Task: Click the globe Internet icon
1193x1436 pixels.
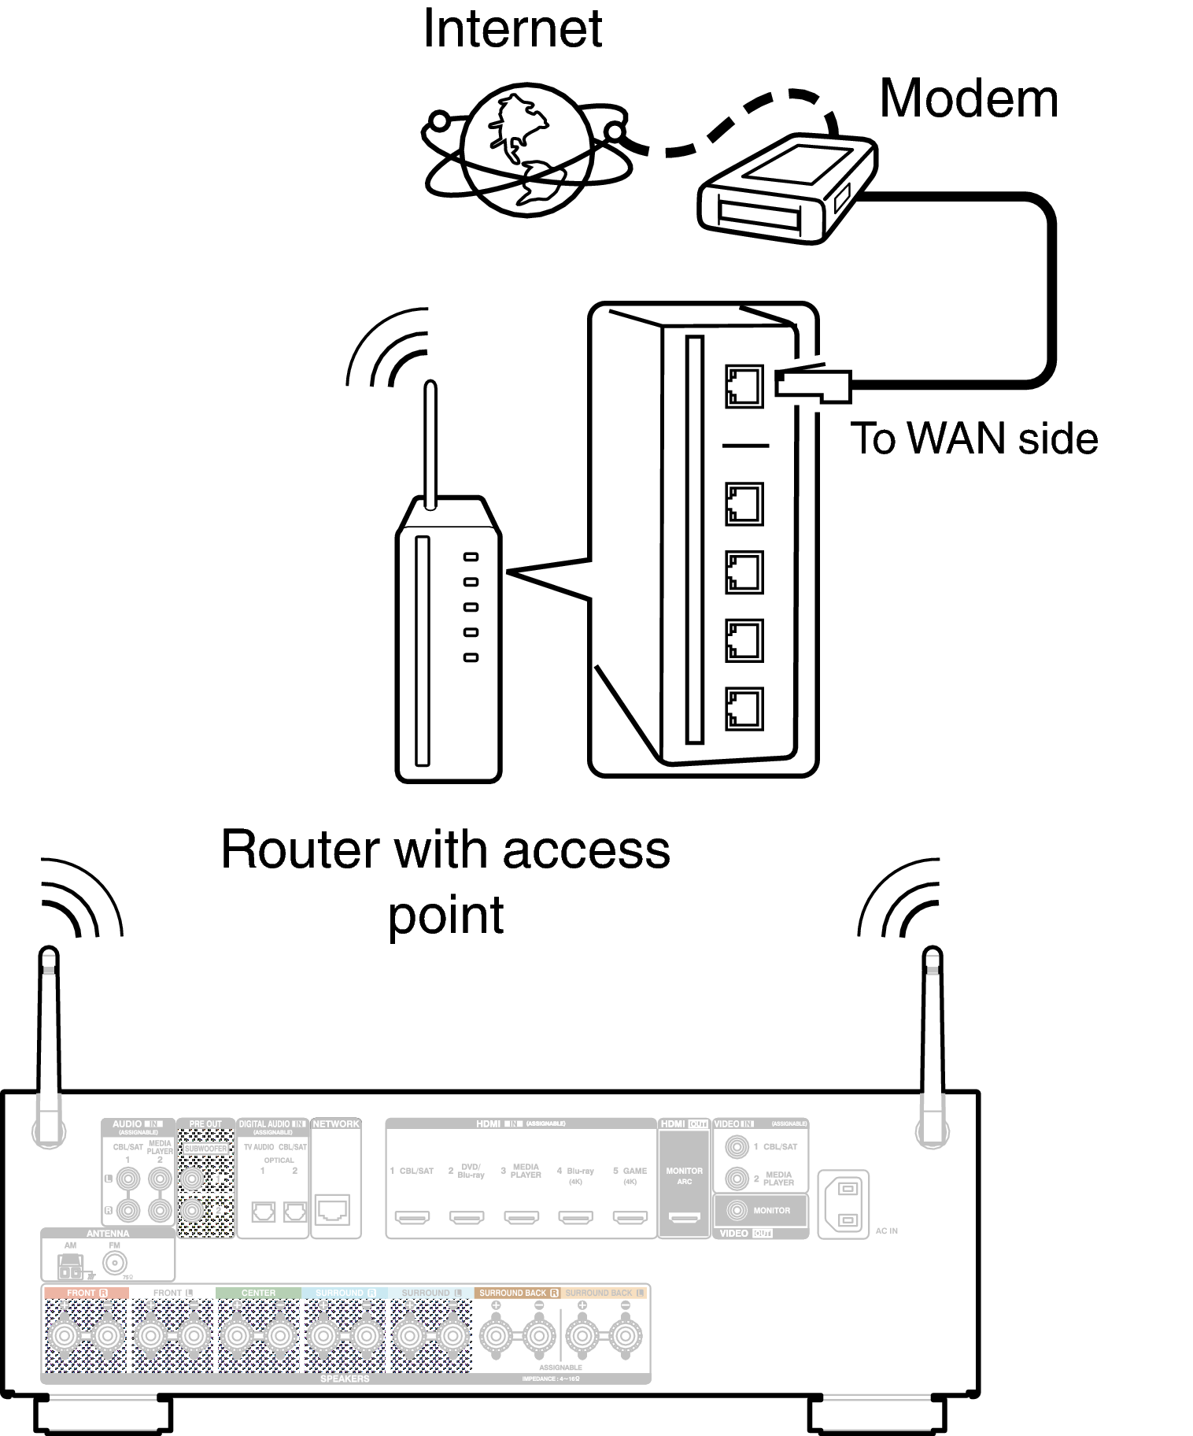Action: (526, 150)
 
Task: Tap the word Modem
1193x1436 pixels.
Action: (968, 99)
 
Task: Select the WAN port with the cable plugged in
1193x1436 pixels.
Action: (744, 386)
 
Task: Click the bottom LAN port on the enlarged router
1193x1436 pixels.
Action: (744, 709)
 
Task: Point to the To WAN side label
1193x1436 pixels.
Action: (973, 439)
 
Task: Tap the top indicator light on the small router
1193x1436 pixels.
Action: (471, 557)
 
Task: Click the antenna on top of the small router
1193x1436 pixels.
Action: (430, 445)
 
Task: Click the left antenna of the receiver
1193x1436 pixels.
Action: (49, 1039)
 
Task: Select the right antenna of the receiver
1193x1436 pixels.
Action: (933, 1039)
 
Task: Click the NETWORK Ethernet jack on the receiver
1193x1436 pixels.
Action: (333, 1209)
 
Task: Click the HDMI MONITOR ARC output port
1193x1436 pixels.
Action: (684, 1218)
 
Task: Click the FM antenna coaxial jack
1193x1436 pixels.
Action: (115, 1263)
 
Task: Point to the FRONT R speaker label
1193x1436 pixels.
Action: (85, 1293)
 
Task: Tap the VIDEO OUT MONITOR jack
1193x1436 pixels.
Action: (737, 1210)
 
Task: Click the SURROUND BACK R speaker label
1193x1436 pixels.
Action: (518, 1293)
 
